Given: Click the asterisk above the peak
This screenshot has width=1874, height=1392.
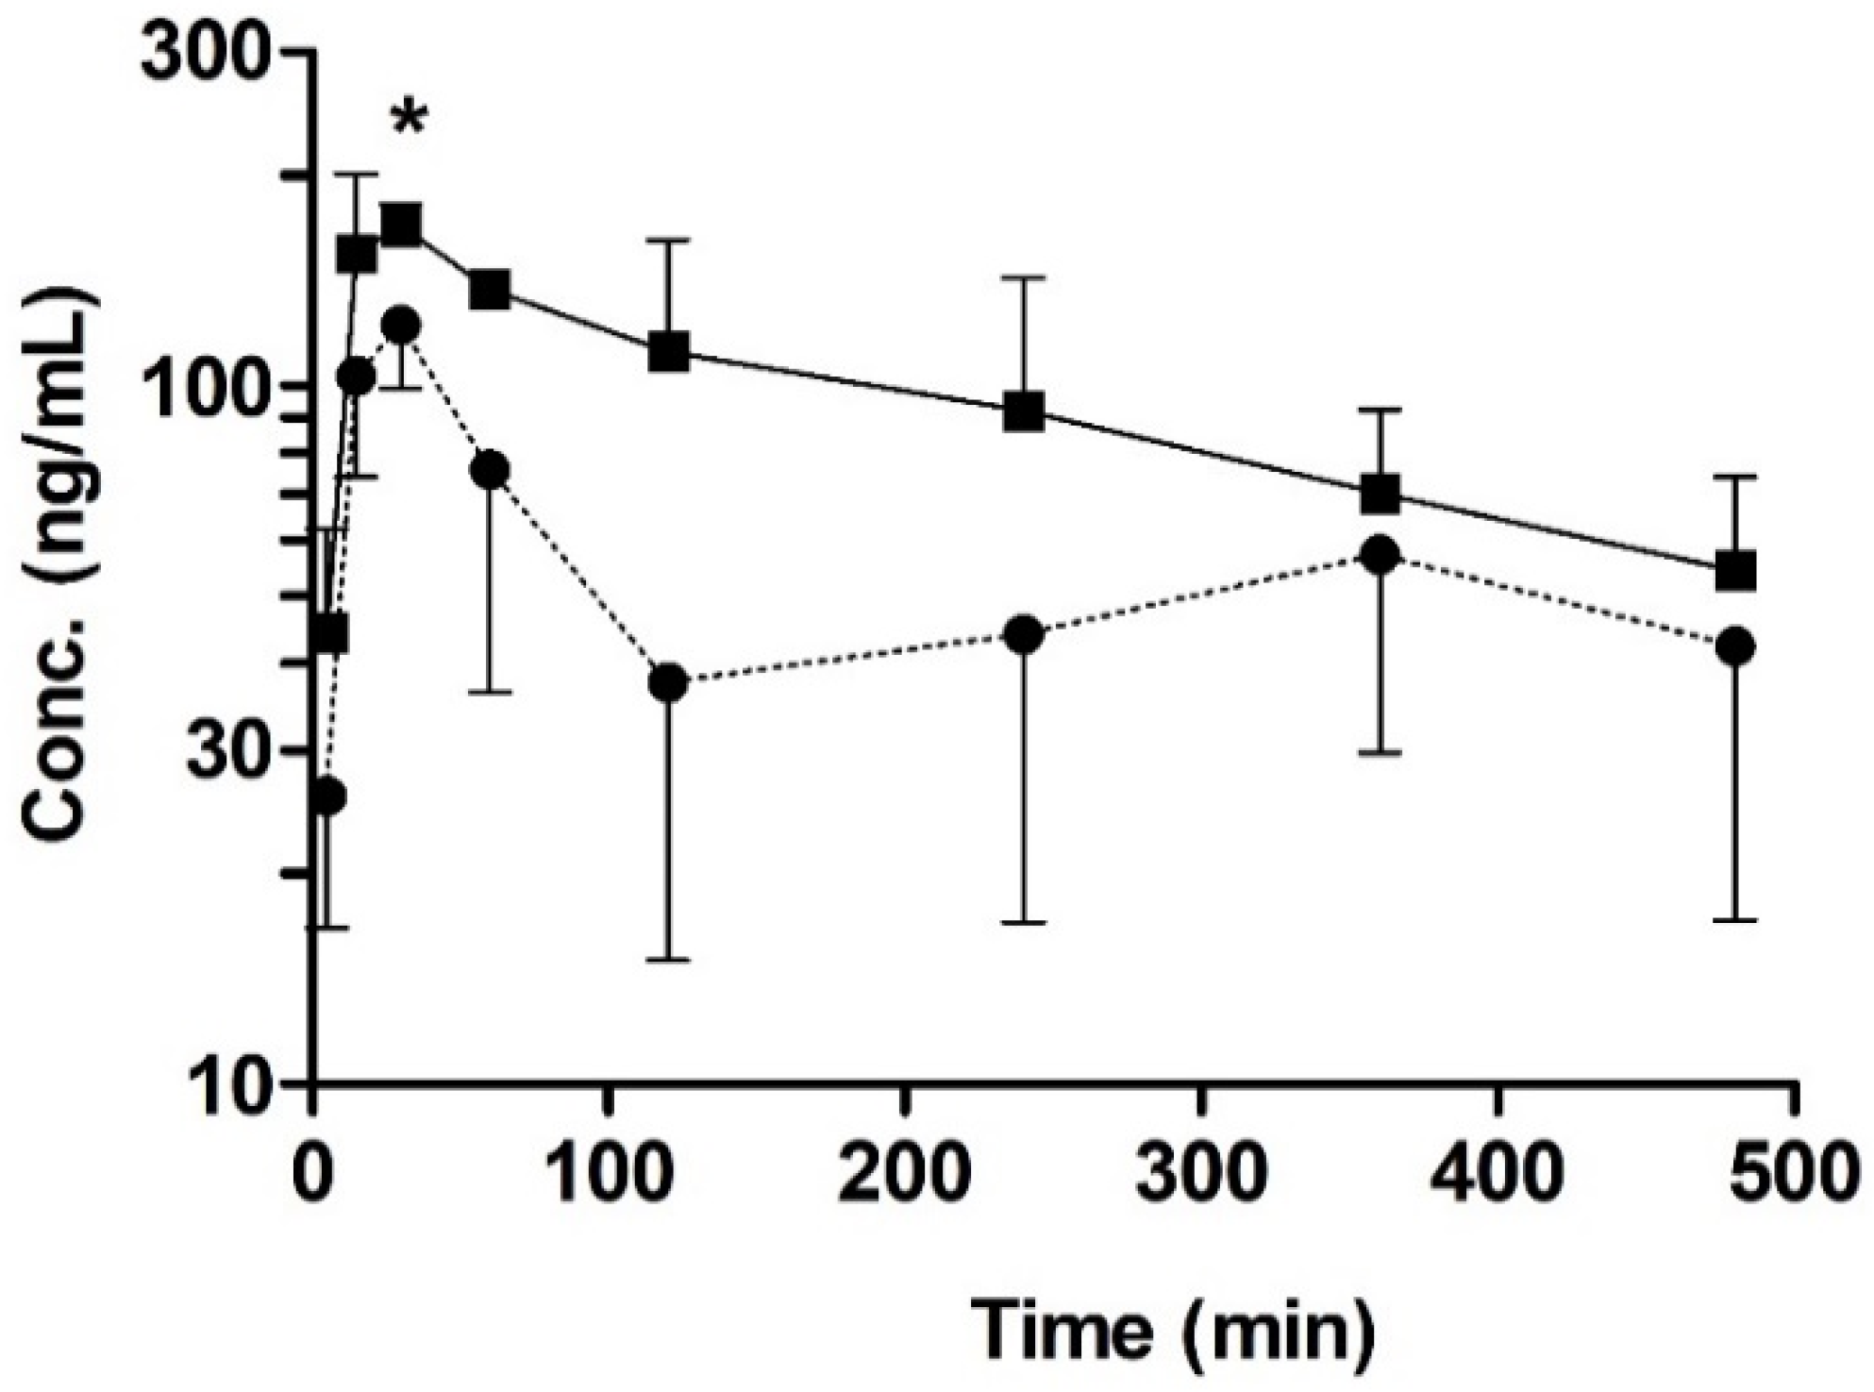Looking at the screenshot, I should tap(410, 121).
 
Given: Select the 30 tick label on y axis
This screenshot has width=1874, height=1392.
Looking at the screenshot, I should tap(229, 751).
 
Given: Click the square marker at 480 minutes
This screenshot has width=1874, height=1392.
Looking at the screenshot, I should tap(1735, 570).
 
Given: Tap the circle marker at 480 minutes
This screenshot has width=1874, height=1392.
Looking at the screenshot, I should tap(1735, 647).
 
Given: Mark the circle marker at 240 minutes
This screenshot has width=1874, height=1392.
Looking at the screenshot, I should tap(1025, 635).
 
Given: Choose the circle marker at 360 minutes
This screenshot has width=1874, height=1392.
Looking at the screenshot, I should tap(1380, 555).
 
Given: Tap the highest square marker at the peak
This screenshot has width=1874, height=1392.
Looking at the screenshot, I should tap(402, 225).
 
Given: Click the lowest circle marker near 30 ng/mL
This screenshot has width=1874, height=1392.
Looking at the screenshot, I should tap(326, 796).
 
